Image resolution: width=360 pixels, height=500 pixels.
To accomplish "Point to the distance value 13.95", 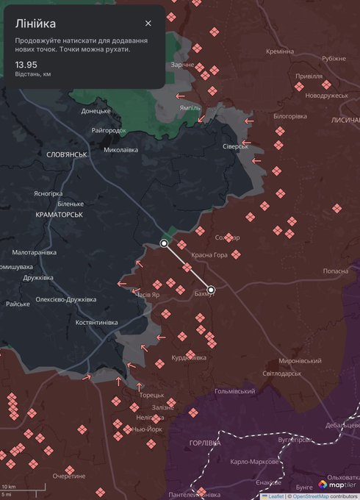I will pos(26,65).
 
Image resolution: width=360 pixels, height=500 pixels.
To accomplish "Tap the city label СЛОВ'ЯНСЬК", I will pos(66,154).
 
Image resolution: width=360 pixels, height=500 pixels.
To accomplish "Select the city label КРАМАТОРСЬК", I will pos(59,215).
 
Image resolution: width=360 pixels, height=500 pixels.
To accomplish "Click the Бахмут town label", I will pos(205,294).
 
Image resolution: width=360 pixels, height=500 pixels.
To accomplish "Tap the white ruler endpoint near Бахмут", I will pos(212,290).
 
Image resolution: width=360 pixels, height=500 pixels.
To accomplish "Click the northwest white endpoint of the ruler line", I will pos(165,243).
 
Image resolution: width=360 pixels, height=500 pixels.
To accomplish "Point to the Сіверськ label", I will pos(236,146).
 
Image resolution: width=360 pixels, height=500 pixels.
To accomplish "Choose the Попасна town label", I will pos(336,271).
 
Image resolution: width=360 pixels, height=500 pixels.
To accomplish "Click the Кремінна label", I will pos(280,51).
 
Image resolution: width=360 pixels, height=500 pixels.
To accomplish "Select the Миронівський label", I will pos(300,361).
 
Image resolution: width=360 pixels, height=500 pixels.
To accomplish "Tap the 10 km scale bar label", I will pos(9,487).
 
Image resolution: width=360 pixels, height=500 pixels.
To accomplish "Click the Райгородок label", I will pos(109,130).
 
